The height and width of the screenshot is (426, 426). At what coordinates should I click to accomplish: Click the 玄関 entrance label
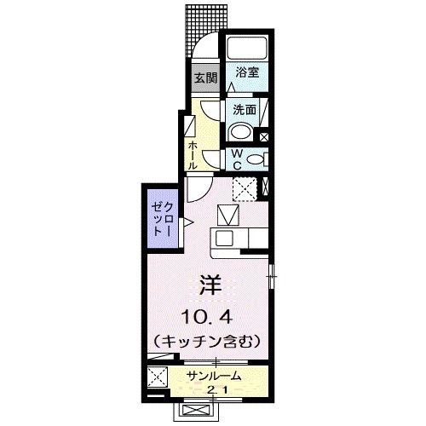pos(204,78)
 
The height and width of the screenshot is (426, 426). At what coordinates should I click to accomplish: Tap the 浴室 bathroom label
pos(247,74)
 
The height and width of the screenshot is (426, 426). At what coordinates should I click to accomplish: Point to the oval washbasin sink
pos(241,131)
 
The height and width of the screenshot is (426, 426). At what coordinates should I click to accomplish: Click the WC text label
pos(238,159)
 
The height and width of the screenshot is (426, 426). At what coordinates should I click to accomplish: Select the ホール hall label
pos(194,154)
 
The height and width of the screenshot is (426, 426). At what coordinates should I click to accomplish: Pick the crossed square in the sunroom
pos(157,376)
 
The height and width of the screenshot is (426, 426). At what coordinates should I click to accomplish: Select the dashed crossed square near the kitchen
pos(245,188)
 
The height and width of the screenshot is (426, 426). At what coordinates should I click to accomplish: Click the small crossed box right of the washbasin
pos(263,136)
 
